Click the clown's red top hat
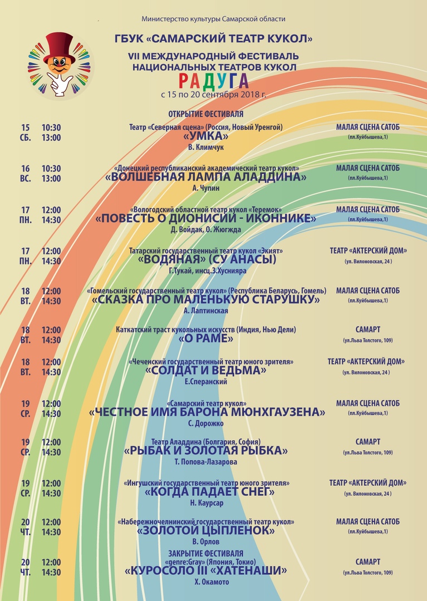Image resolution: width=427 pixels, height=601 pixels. [60, 45]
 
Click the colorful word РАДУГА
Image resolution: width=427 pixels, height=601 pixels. [214, 81]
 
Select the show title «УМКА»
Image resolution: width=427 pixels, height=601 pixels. [206, 136]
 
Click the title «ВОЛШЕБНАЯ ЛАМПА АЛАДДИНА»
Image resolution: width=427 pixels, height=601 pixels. [206, 178]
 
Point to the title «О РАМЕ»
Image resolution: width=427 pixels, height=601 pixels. [206, 338]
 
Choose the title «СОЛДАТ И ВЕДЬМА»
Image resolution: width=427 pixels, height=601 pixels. [206, 371]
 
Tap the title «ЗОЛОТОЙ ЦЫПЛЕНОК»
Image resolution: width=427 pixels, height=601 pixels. [206, 531]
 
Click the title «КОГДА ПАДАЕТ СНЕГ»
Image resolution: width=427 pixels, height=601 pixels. [209, 492]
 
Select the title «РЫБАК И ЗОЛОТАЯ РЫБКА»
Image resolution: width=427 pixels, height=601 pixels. [206, 451]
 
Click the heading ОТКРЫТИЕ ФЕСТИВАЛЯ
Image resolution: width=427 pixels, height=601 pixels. [206, 114]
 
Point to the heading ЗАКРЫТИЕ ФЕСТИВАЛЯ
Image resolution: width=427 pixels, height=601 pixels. [206, 553]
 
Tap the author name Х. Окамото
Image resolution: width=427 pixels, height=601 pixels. [206, 582]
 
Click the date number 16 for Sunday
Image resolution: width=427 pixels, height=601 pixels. [26, 169]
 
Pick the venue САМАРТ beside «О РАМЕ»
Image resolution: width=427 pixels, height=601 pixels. [367, 329]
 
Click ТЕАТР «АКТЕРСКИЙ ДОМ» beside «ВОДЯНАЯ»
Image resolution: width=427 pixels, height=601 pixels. [368, 250]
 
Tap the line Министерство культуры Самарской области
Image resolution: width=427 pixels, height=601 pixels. [213, 19]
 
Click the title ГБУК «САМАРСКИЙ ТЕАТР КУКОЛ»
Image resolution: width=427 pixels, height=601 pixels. [213, 38]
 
